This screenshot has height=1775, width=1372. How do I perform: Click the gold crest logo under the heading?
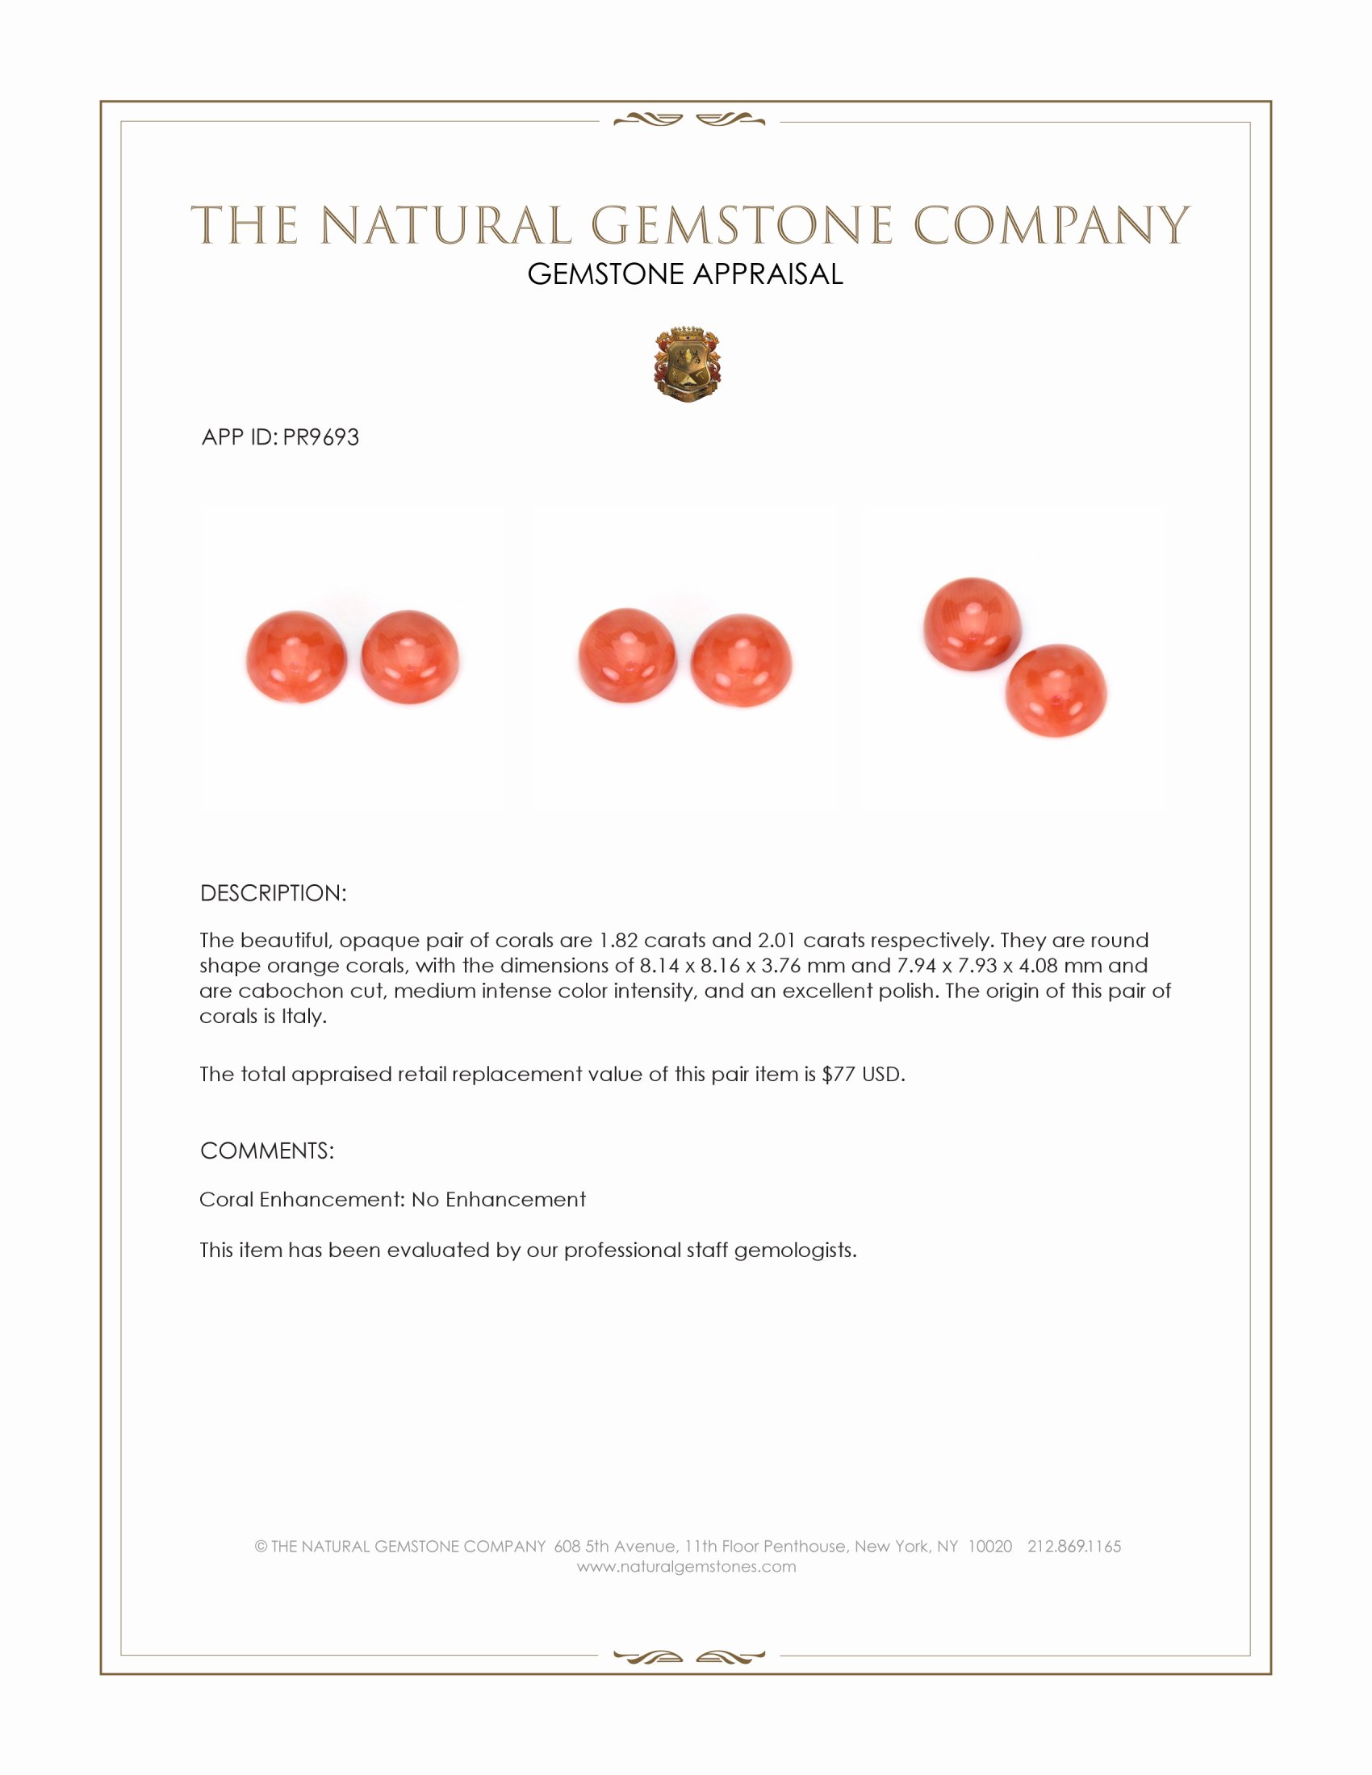(687, 365)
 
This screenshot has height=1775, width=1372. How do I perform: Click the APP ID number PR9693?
(320, 437)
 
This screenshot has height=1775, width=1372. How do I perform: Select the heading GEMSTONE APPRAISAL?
(685, 274)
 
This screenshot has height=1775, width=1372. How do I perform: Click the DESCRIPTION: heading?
(273, 893)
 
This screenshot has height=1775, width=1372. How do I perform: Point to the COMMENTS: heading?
(266, 1151)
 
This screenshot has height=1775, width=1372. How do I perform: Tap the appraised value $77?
(838, 1075)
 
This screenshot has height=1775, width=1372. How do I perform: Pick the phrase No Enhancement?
(498, 1200)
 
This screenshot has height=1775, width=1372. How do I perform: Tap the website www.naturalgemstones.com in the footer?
(686, 1567)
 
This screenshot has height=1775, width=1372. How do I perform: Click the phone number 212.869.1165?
(1073, 1547)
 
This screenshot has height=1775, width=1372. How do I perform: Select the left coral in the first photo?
(297, 657)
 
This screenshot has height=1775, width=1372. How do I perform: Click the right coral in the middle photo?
(741, 660)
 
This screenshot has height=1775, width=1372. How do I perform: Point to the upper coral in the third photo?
(971, 624)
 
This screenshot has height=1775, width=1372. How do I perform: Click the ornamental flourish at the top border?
(688, 121)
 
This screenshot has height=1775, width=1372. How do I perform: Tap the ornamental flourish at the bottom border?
(688, 1656)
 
